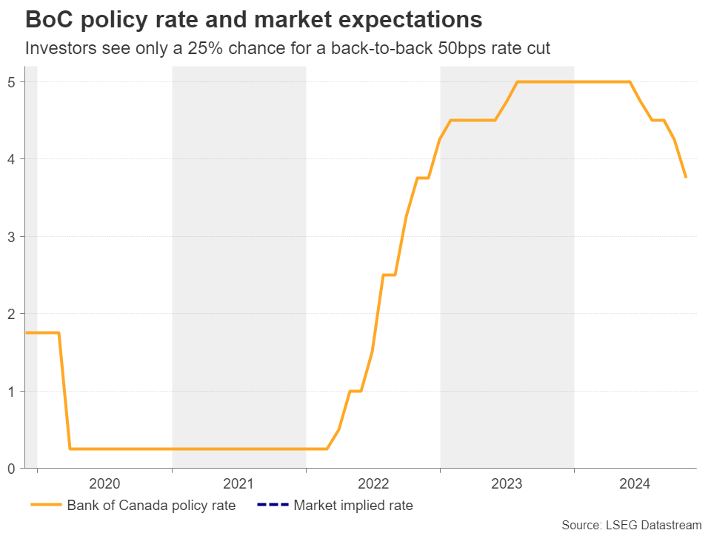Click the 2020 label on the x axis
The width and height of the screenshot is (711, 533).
click(x=104, y=485)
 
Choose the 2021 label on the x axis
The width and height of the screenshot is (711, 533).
click(x=238, y=485)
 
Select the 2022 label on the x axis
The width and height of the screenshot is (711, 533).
click(x=373, y=485)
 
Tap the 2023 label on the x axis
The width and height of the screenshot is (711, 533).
click(x=507, y=485)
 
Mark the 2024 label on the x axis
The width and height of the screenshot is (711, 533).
click(x=635, y=485)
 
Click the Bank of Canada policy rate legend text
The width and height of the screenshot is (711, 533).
click(x=151, y=506)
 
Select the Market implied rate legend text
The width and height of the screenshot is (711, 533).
click(x=353, y=506)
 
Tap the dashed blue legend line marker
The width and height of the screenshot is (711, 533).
click(x=271, y=506)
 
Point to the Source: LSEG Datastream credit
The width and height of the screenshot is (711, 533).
click(x=631, y=525)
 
